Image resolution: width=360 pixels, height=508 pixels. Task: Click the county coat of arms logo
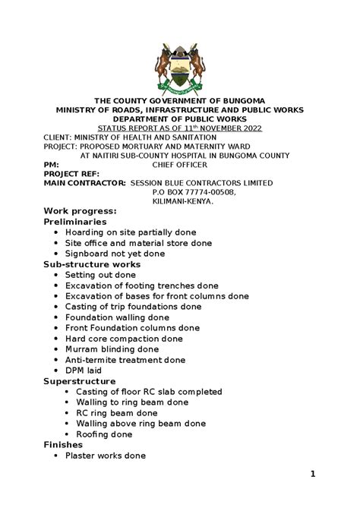click(x=179, y=66)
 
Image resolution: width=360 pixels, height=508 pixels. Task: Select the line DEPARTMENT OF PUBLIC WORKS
click(x=179, y=119)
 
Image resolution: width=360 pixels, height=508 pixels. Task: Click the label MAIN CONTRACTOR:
click(x=84, y=183)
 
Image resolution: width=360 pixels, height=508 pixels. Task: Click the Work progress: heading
click(x=80, y=210)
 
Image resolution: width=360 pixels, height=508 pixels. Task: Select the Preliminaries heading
click(x=74, y=221)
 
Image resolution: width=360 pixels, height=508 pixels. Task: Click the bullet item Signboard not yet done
click(x=115, y=253)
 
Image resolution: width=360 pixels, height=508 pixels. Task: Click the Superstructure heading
click(x=79, y=380)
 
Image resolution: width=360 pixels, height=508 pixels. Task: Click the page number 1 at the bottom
click(x=313, y=475)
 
